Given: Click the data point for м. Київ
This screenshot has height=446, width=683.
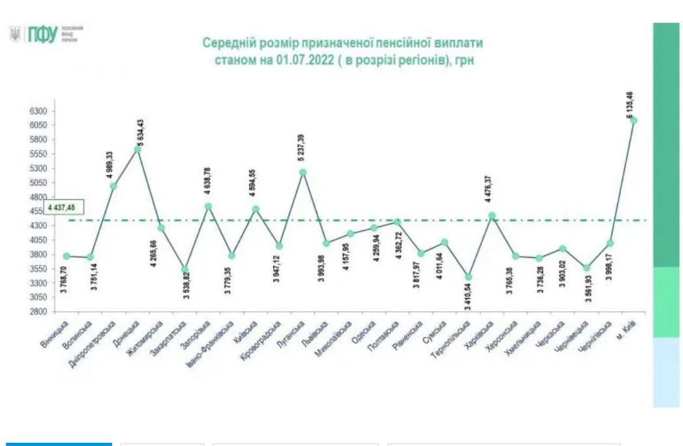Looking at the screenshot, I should tap(633, 120).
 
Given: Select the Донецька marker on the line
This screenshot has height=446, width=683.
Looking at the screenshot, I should tap(138, 149).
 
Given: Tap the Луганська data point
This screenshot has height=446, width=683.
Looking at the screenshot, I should tap(303, 173).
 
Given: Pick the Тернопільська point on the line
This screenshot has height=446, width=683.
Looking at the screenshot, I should tap(468, 277).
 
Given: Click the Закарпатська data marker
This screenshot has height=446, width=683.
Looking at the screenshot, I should tap(184, 270).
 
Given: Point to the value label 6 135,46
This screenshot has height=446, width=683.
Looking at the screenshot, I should tap(631, 105).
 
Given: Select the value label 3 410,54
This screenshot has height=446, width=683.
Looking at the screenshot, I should tap(467, 296).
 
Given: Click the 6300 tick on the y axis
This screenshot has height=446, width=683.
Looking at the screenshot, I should tap(38, 111).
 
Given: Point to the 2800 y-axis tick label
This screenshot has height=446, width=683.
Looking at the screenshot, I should tap(38, 311).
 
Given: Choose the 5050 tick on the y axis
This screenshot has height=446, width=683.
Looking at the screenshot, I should tap(38, 183).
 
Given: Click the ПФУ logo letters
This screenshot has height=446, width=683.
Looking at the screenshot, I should tap(42, 35).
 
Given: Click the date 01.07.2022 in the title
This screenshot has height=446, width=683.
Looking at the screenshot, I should tap(300, 60).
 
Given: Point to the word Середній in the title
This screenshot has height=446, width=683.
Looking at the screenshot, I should tap(225, 44).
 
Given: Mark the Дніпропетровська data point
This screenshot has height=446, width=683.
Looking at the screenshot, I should tap(113, 186).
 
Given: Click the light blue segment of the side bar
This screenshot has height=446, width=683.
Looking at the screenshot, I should tap(666, 372).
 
